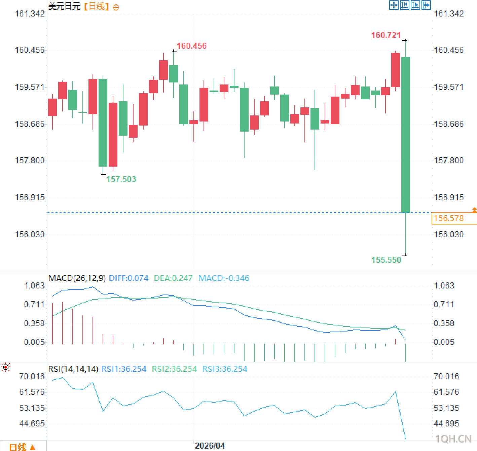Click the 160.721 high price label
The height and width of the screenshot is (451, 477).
(x=386, y=35)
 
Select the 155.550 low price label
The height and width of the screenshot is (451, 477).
(x=386, y=260)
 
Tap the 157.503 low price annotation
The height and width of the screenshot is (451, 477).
(x=121, y=179)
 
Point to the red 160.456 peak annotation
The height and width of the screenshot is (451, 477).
(x=192, y=46)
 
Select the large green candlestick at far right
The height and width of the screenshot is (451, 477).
(x=406, y=135)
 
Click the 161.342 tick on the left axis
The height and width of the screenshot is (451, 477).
(x=30, y=14)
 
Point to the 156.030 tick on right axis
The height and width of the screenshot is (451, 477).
(x=449, y=234)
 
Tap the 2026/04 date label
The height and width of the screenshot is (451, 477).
(x=210, y=446)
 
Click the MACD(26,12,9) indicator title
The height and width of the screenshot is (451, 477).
(x=77, y=278)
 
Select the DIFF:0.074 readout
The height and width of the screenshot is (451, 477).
(x=129, y=278)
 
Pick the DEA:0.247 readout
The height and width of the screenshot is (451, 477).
(x=173, y=278)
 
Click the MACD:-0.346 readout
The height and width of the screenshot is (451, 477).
(x=224, y=278)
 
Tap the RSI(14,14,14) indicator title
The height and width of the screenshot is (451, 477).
(x=73, y=369)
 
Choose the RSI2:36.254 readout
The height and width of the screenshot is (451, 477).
(x=174, y=369)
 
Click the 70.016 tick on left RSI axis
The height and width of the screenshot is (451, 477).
(x=32, y=376)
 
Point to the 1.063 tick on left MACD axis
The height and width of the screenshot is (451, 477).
(x=34, y=286)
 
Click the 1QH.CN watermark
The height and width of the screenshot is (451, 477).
(x=453, y=439)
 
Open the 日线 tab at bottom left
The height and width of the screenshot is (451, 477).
(x=22, y=447)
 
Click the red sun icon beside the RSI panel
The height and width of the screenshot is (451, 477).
(x=6, y=367)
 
